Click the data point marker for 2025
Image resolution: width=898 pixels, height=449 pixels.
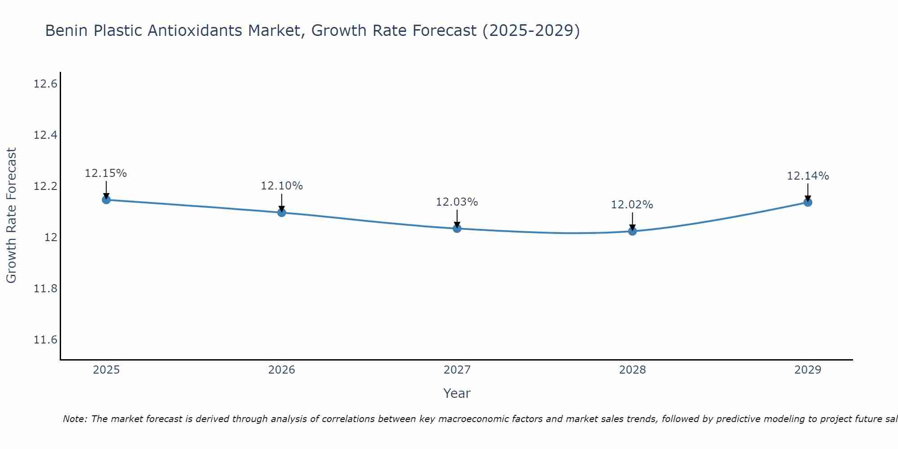pos(106,200)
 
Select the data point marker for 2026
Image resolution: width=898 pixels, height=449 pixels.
pos(282,212)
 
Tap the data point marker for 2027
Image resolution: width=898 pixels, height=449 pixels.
pos(457,229)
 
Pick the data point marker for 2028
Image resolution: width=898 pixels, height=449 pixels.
pos(632,231)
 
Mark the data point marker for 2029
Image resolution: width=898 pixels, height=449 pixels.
pos(808,202)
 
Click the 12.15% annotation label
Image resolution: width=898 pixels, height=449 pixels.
pos(106,173)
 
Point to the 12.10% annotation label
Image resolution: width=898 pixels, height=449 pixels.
pos(282,186)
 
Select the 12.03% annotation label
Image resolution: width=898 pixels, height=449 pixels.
pos(457,202)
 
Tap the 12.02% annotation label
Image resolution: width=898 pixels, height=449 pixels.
pos(632,205)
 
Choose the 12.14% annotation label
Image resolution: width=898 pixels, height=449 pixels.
pos(808,176)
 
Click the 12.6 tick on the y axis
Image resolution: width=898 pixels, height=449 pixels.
pos(45,84)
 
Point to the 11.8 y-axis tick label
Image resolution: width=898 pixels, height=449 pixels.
pos(45,289)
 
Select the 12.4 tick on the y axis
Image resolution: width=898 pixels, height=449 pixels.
pos(45,135)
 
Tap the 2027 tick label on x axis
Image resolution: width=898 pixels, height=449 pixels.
pos(457,370)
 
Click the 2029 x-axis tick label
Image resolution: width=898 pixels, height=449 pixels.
pos(808,370)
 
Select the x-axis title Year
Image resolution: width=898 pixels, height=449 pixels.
pos(457,393)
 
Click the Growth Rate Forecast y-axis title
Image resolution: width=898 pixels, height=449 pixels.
pos(11,216)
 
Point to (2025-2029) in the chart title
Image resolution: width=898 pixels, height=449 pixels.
pos(531,31)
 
